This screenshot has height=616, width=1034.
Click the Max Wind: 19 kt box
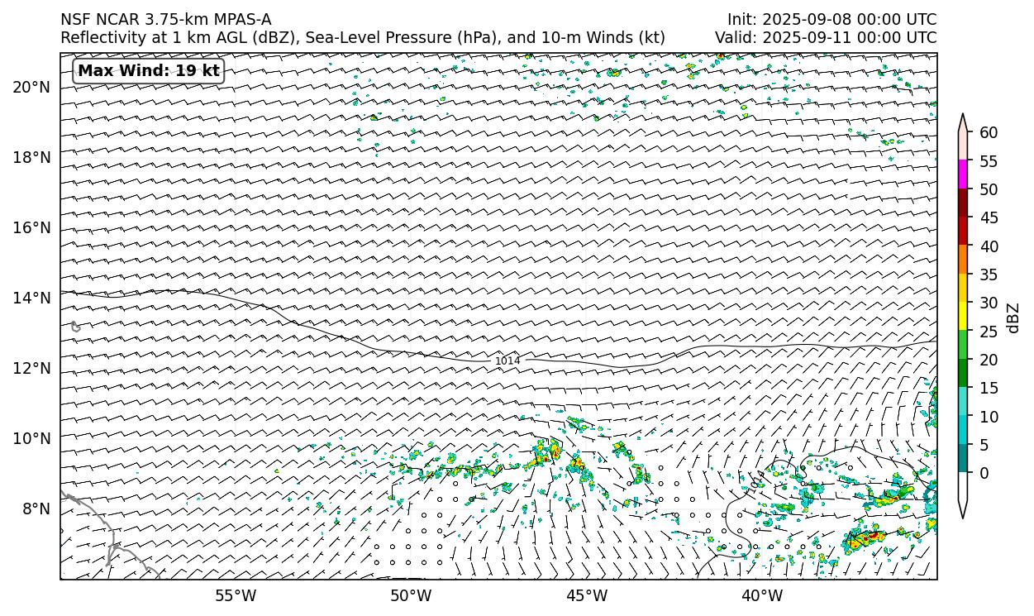point(149,71)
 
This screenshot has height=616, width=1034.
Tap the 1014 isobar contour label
point(507,361)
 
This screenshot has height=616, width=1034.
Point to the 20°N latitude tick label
point(31,87)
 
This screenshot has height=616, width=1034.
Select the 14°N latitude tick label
point(31,298)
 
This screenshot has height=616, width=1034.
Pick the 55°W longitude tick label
point(236,595)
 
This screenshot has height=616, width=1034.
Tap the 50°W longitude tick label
point(411,595)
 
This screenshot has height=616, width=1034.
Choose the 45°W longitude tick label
point(587,595)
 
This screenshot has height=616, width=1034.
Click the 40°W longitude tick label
point(762,595)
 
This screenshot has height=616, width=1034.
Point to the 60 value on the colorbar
point(989,133)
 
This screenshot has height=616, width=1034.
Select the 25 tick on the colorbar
point(989,332)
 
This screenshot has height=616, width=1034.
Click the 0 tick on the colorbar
point(984,473)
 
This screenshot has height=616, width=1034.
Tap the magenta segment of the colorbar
point(963,174)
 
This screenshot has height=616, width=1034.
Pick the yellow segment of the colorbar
point(963,317)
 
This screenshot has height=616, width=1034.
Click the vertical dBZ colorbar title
point(1013,318)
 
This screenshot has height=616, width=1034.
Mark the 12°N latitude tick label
point(31,368)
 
